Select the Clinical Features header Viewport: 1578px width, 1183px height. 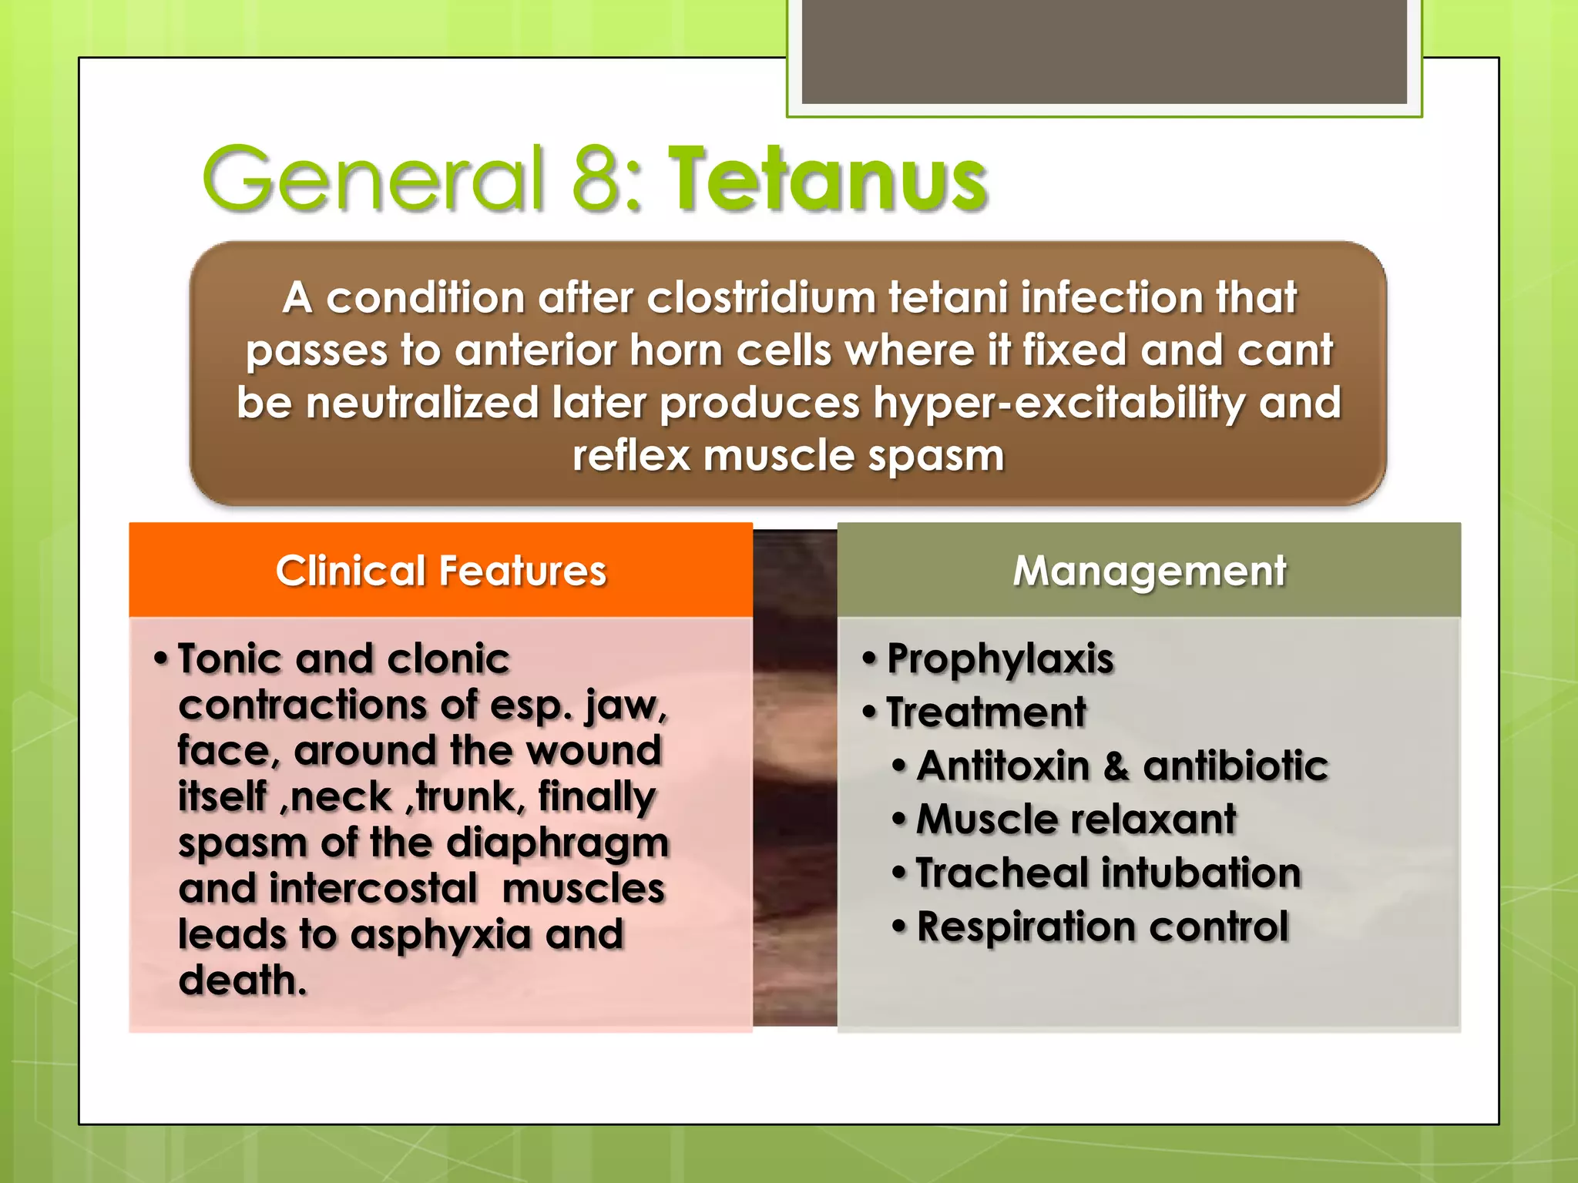pos(441,571)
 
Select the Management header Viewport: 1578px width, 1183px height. pos(1149,571)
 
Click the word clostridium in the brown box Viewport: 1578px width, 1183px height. pos(763,298)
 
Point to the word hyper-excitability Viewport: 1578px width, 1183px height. pos(1059,404)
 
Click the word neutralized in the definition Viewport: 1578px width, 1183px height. pos(421,404)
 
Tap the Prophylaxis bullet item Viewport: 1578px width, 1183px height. pos(1000,659)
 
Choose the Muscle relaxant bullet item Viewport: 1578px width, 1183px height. pos(1076,819)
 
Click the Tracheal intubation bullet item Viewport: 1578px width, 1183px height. pos(1108,873)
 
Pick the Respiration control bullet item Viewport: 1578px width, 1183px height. pos(1102,927)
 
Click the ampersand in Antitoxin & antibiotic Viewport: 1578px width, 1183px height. pos(1116,766)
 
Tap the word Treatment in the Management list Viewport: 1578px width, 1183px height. pos(986,712)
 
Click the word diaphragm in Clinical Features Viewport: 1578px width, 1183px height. pos(558,843)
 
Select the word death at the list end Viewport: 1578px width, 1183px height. pos(241,980)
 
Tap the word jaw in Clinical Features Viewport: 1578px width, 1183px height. pos(624,705)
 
